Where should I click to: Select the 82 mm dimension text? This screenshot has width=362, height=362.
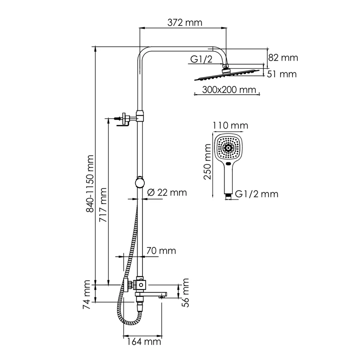pos(283,57)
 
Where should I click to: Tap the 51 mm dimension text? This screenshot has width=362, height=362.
pos(282,74)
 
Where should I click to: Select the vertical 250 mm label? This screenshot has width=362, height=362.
pos(208,166)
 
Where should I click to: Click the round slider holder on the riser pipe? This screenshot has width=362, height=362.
pos(140,182)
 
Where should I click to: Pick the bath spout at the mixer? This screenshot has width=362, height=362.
pos(154,295)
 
